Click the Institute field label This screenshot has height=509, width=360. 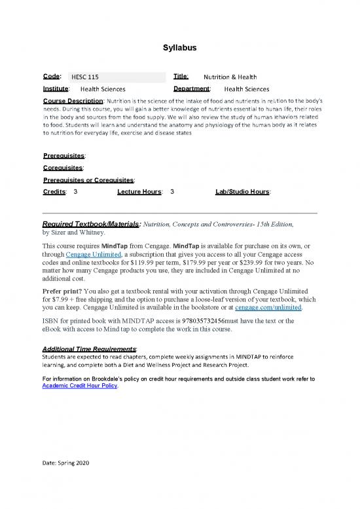pyautogui.click(x=56, y=88)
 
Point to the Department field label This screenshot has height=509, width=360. pyautogui.click(x=191, y=88)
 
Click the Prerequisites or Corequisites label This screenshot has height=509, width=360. pyautogui.click(x=88, y=179)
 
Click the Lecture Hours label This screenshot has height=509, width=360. pyautogui.click(x=140, y=191)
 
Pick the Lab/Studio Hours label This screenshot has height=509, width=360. pyautogui.click(x=243, y=191)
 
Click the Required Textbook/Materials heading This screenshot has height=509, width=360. pyautogui.click(x=91, y=223)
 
